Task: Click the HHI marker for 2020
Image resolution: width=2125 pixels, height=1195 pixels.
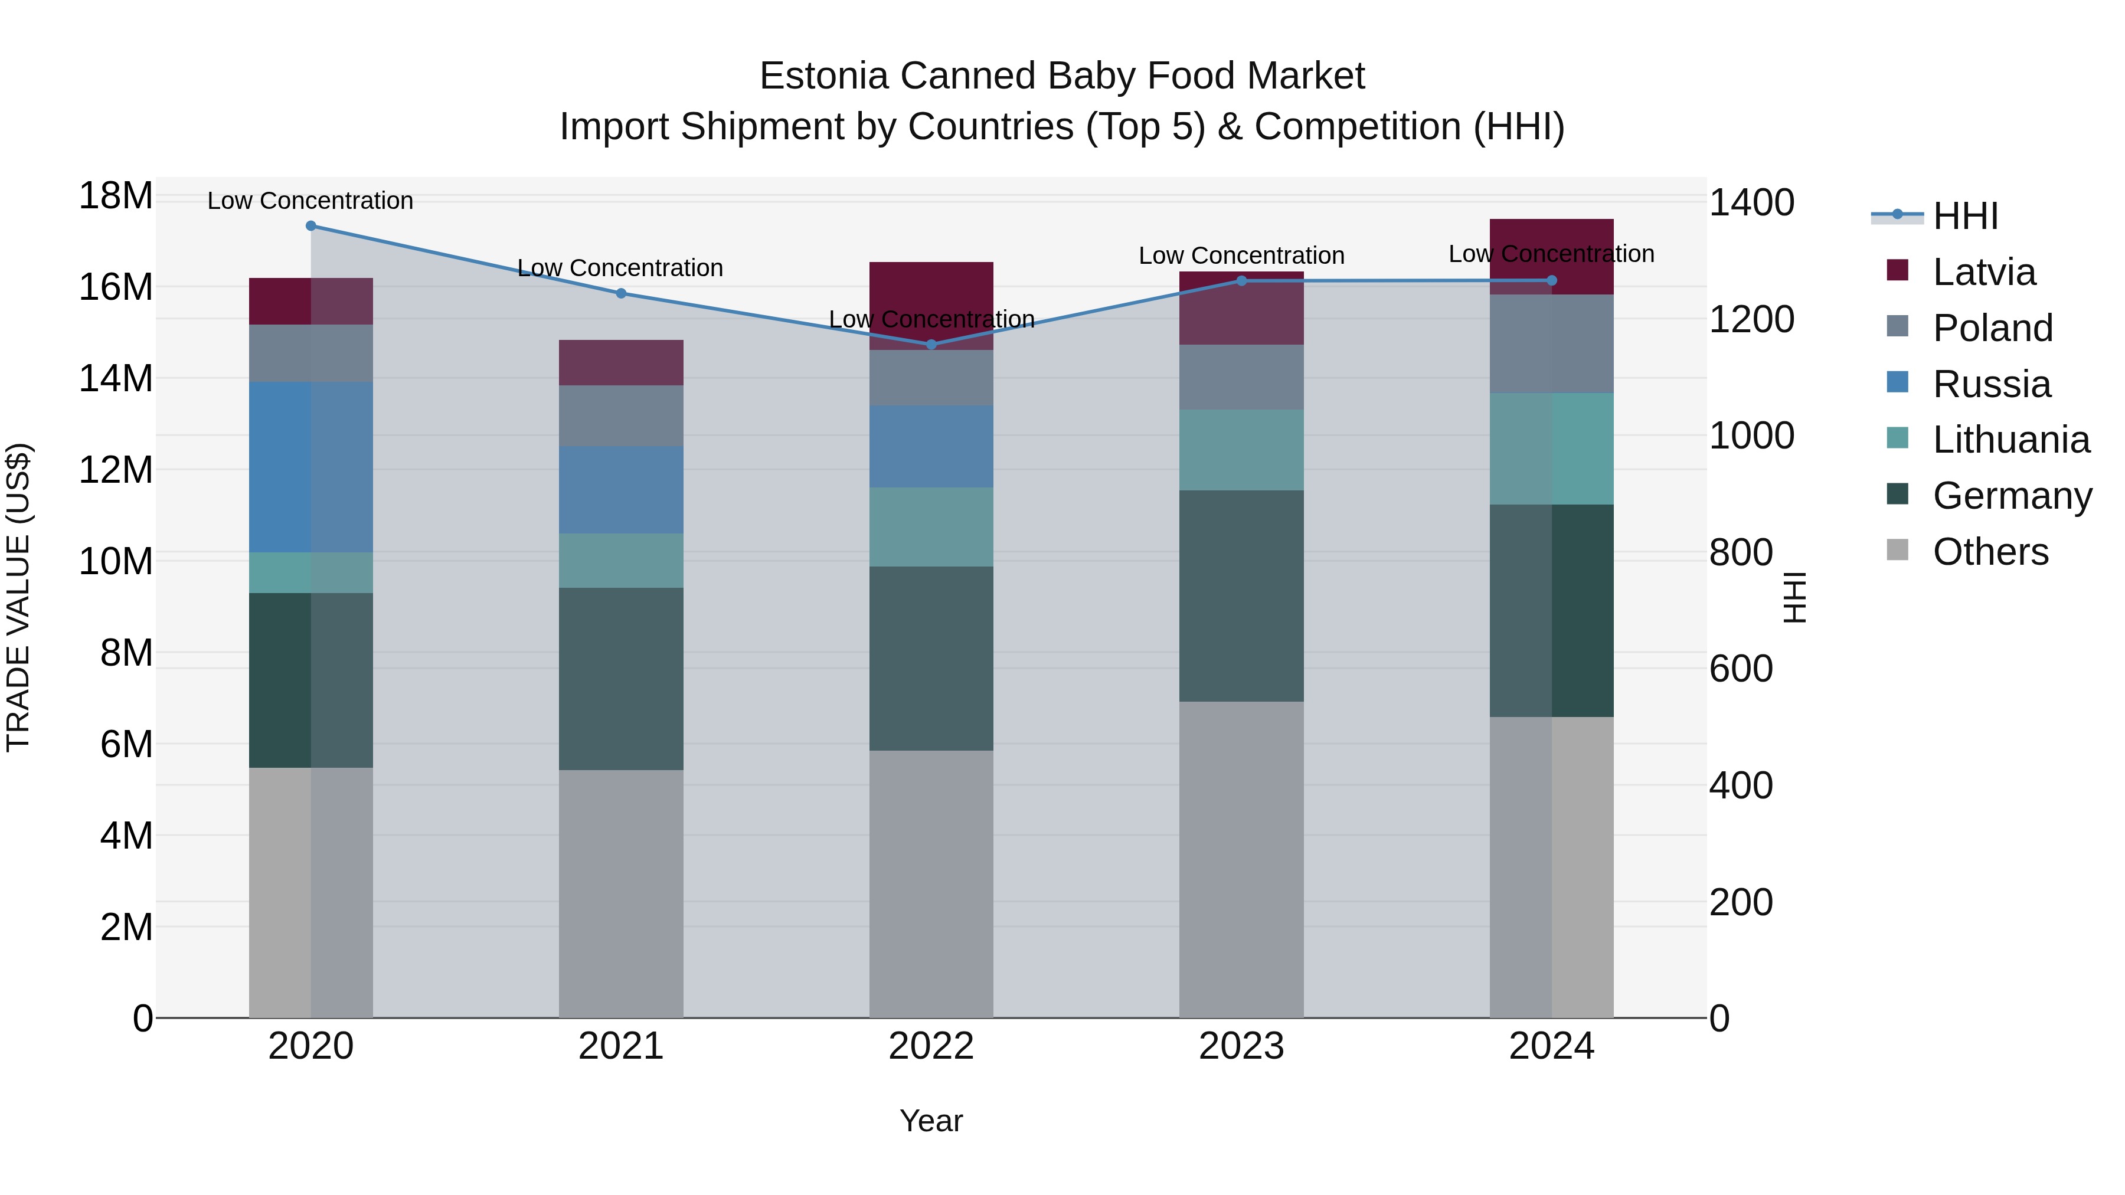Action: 311,226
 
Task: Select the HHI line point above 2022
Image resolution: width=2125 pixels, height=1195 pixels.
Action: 931,344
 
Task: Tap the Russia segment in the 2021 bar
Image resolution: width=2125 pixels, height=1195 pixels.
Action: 620,490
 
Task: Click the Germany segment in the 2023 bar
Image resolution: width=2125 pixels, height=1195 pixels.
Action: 1241,595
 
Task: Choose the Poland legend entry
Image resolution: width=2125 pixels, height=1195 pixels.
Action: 1992,328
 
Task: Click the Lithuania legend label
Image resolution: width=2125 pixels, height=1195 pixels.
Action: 2011,440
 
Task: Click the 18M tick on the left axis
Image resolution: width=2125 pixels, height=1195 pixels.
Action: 116,197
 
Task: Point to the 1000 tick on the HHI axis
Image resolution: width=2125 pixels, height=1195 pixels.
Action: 1751,436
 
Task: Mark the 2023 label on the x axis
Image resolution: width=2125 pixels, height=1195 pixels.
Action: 1241,1046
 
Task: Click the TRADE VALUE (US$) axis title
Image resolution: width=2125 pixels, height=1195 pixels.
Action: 18,597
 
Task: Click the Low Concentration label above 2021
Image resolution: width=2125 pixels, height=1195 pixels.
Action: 620,268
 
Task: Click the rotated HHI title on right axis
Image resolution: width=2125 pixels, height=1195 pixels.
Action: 1793,597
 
